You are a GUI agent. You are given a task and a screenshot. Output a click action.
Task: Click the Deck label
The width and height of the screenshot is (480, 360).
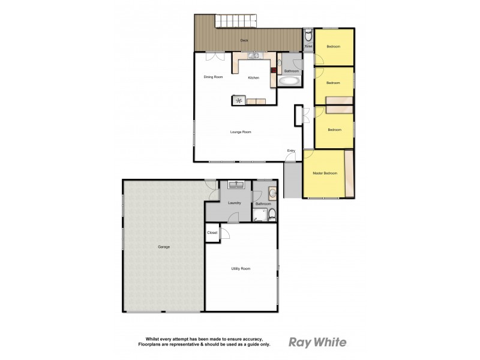click(244, 40)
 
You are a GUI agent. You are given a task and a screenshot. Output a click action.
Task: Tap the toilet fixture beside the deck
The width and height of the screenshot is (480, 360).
click(308, 35)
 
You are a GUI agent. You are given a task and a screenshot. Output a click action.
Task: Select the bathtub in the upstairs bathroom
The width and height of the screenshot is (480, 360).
click(290, 81)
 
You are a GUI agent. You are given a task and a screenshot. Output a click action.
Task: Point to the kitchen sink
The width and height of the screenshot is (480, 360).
click(254, 56)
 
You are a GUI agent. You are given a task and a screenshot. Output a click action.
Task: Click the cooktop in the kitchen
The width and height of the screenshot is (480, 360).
click(239, 100)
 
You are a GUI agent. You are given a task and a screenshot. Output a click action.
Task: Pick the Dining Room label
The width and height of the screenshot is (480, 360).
click(213, 77)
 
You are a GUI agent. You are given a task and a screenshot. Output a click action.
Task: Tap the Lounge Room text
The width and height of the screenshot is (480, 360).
click(240, 132)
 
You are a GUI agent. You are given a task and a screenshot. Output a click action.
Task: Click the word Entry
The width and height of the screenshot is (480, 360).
click(291, 150)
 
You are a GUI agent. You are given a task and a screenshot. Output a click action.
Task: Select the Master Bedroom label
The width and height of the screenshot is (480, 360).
click(325, 173)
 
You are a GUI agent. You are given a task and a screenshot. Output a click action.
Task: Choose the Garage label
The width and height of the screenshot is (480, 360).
click(164, 247)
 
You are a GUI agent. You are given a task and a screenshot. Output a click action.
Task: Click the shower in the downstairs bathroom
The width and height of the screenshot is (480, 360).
click(260, 215)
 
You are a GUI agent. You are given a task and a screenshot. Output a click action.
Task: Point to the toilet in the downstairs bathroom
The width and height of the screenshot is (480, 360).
click(272, 214)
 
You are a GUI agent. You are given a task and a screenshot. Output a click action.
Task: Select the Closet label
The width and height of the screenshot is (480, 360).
click(212, 232)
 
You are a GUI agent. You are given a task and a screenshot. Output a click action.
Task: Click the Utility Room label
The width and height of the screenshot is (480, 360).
click(241, 268)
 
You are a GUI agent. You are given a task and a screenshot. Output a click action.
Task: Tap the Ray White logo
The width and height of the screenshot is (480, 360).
click(317, 343)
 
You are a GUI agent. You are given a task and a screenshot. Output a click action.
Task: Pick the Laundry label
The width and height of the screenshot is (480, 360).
click(235, 203)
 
